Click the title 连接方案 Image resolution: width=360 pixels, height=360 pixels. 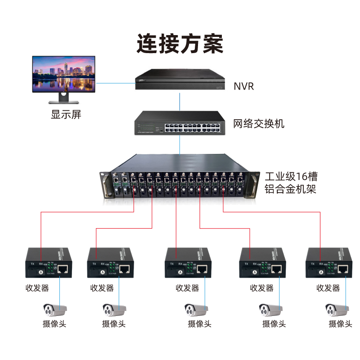(x=180, y=44)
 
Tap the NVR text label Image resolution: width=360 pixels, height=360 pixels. (x=244, y=86)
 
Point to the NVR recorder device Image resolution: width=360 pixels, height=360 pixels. (x=180, y=80)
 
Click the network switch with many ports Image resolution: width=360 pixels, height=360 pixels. (x=180, y=123)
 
